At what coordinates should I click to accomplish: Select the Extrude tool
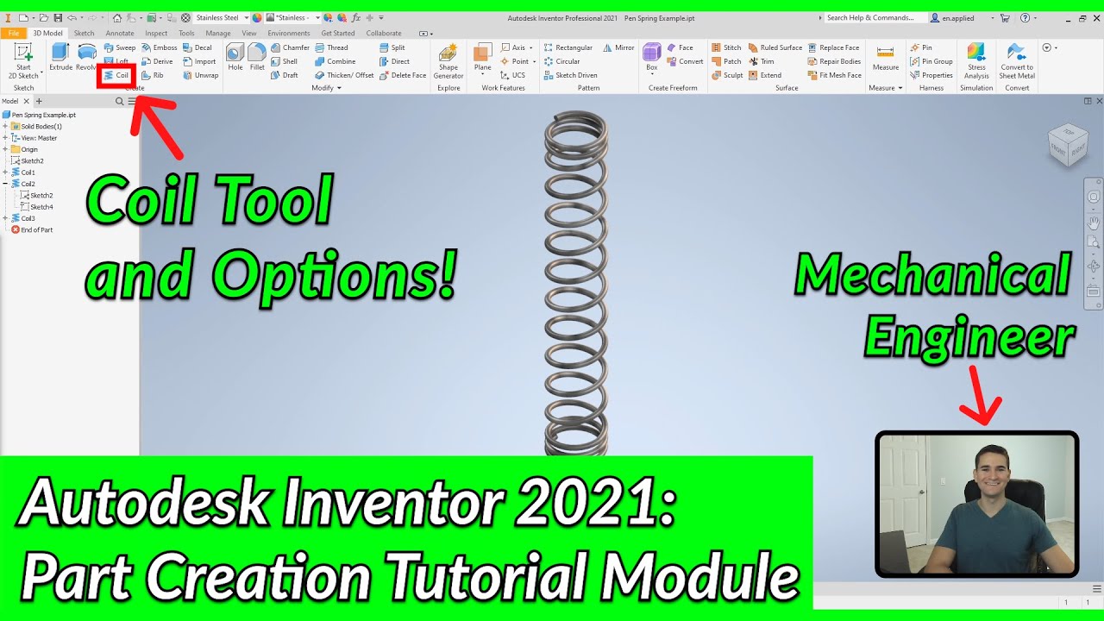pos(60,57)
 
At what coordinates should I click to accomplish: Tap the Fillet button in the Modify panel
pos(257,57)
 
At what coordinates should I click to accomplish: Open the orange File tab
pos(14,34)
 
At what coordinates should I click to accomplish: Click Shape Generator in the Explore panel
pos(448,60)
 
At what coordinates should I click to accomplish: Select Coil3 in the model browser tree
pos(28,218)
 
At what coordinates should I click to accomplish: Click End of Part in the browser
pos(36,229)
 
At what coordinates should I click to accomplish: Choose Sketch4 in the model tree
pos(41,207)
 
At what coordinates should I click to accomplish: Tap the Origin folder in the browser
pos(28,149)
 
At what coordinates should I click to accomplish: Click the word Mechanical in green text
pos(933,276)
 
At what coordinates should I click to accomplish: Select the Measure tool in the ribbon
pos(885,58)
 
